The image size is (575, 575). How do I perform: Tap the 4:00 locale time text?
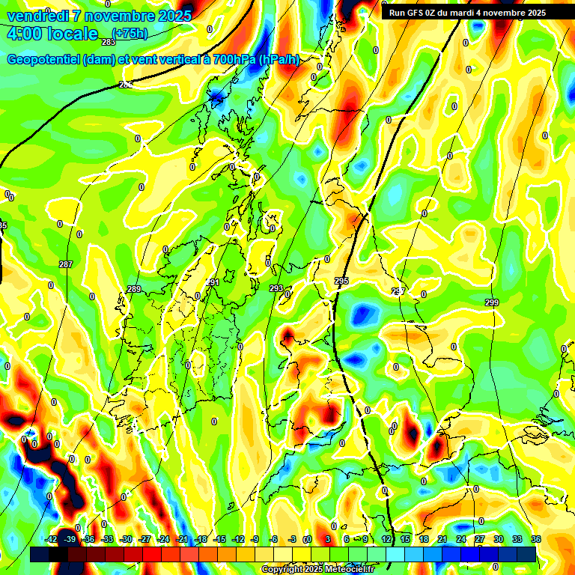tap(52, 34)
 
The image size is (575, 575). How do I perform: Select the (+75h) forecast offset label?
tap(130, 33)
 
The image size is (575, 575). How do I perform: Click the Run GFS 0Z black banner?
tap(468, 13)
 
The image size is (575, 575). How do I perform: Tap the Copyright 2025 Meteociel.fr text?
tap(317, 570)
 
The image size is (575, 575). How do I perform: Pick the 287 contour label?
tap(66, 264)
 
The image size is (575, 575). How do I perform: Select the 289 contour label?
tap(134, 289)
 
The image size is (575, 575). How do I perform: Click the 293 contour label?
tap(276, 288)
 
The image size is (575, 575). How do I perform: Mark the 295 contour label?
tap(341, 281)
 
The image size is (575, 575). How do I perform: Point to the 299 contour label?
tap(491, 302)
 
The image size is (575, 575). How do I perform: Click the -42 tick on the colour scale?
tap(52, 540)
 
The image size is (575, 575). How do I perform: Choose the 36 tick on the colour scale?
tap(535, 540)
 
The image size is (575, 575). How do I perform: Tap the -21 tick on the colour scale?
tap(182, 540)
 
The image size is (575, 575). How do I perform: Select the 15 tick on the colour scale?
tap(404, 540)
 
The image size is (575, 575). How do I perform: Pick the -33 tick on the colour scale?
tap(108, 540)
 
